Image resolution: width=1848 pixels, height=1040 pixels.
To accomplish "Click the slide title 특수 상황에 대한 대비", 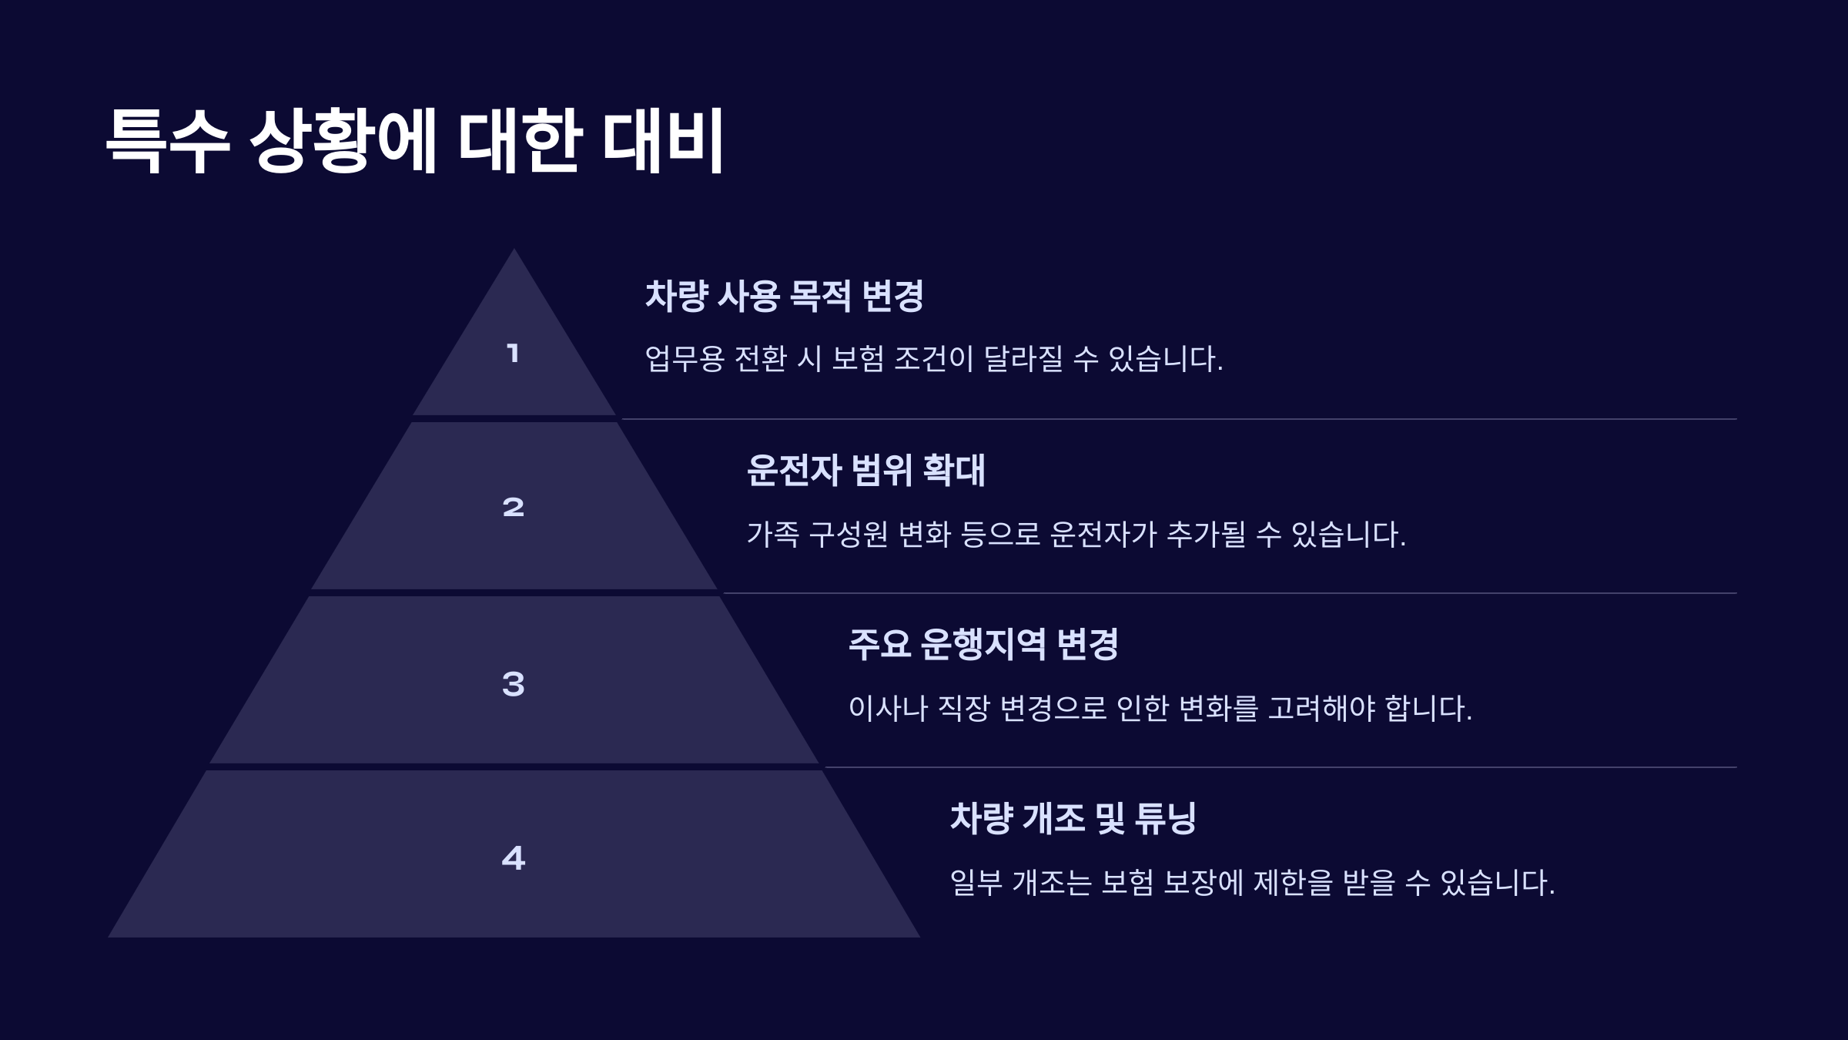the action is click(x=414, y=140).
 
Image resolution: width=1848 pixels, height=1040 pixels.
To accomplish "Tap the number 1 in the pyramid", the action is click(x=513, y=354).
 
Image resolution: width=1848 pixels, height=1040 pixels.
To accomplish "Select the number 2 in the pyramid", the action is click(x=513, y=507).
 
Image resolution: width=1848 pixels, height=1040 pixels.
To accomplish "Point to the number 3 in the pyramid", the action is click(x=513, y=684).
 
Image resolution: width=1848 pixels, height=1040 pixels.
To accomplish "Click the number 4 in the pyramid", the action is click(x=513, y=858).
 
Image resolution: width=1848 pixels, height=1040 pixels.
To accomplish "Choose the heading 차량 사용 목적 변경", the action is click(x=784, y=296).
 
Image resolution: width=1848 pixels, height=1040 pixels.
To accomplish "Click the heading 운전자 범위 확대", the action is click(x=865, y=470).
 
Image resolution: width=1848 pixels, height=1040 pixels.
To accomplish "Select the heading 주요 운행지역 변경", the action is click(x=983, y=644).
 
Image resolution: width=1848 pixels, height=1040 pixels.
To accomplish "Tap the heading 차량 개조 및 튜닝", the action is click(x=1073, y=818).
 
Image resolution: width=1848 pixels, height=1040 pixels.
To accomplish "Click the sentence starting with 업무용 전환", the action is click(x=933, y=359).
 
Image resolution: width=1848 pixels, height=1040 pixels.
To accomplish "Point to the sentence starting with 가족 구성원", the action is click(x=1076, y=534).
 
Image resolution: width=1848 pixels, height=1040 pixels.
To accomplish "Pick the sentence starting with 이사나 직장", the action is click(x=1160, y=708).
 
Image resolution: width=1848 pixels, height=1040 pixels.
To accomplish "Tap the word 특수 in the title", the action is click(x=168, y=140).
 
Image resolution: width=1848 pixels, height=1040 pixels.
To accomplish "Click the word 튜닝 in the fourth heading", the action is click(x=1166, y=818).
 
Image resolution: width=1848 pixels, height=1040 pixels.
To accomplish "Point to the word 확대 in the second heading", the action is click(x=954, y=470).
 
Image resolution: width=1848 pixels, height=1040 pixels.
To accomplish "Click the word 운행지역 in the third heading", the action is click(x=983, y=644).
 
